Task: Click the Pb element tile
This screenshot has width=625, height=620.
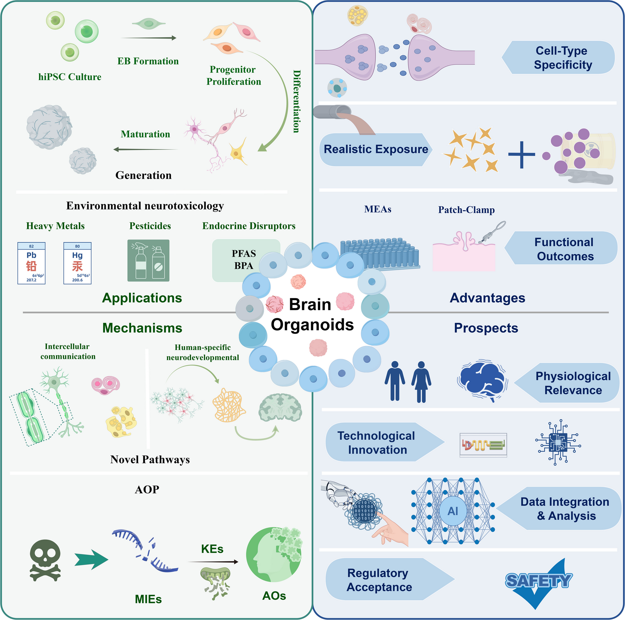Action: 31,263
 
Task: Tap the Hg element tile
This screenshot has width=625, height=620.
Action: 77,263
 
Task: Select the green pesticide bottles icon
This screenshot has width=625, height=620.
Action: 148,261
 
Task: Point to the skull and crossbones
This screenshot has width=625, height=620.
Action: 45,560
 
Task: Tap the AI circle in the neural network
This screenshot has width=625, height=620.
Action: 453,511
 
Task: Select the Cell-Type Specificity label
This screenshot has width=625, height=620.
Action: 562,58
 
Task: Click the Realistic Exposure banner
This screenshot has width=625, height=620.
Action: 376,149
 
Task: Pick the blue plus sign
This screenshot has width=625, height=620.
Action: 521,155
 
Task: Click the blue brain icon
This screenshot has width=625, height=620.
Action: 482,381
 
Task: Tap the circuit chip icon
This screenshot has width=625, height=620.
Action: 558,442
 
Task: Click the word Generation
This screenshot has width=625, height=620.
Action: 143,175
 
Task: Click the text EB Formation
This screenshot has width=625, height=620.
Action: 148,61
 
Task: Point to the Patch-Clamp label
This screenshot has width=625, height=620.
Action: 466,210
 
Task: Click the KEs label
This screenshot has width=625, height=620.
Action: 212,549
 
